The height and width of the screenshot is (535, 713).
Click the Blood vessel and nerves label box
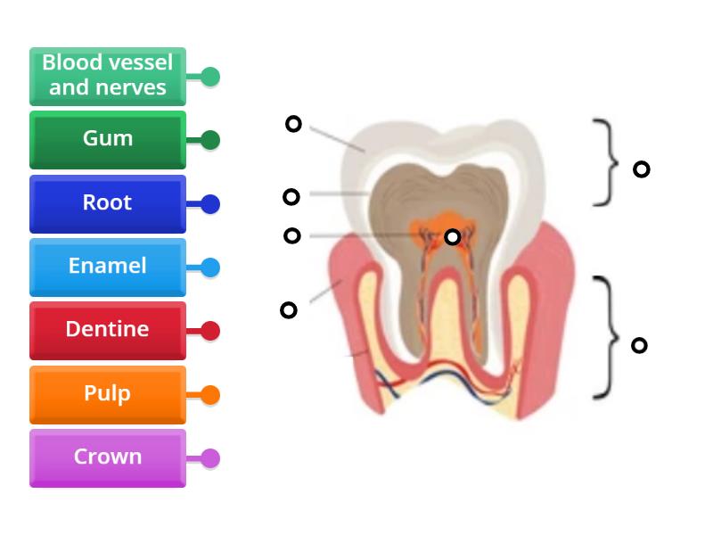click(x=107, y=76)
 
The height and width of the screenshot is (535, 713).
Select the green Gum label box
click(x=107, y=139)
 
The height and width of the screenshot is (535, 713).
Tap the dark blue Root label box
click(x=107, y=203)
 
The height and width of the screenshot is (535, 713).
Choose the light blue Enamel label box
click(x=107, y=267)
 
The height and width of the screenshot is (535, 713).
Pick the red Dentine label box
click(x=107, y=330)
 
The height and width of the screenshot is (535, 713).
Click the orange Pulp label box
click(x=107, y=394)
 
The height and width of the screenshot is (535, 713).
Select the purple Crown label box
click(x=107, y=457)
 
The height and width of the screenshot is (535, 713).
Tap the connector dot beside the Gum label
click(x=210, y=140)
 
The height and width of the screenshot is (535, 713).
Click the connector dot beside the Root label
click(x=210, y=204)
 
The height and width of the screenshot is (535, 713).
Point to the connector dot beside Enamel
click(x=210, y=267)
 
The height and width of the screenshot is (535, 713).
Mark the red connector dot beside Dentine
click(x=210, y=331)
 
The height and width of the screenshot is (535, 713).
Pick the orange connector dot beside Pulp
click(x=210, y=395)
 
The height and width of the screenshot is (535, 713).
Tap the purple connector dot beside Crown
click(x=210, y=458)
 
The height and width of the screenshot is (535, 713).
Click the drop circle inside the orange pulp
click(x=453, y=237)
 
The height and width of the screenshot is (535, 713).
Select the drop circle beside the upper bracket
click(x=641, y=169)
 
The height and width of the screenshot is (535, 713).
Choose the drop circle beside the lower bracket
click(x=639, y=345)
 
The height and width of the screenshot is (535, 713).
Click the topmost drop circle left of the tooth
click(x=293, y=124)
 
